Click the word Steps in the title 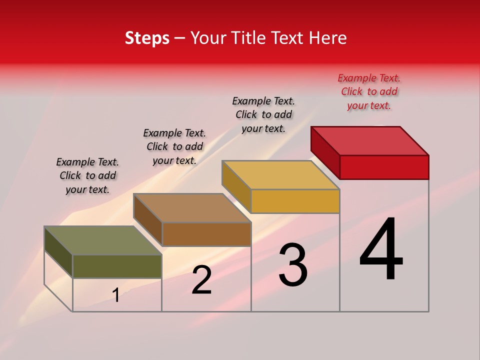[x=147, y=38]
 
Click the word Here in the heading [x=328, y=38]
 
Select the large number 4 [x=381, y=250]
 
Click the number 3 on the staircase [x=293, y=265]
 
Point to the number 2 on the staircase [x=201, y=280]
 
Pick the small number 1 [x=116, y=295]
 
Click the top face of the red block [x=370, y=140]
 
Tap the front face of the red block [x=384, y=167]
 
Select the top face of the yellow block [x=281, y=175]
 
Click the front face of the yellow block [x=295, y=201]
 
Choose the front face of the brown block [x=206, y=234]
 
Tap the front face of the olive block [x=117, y=266]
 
